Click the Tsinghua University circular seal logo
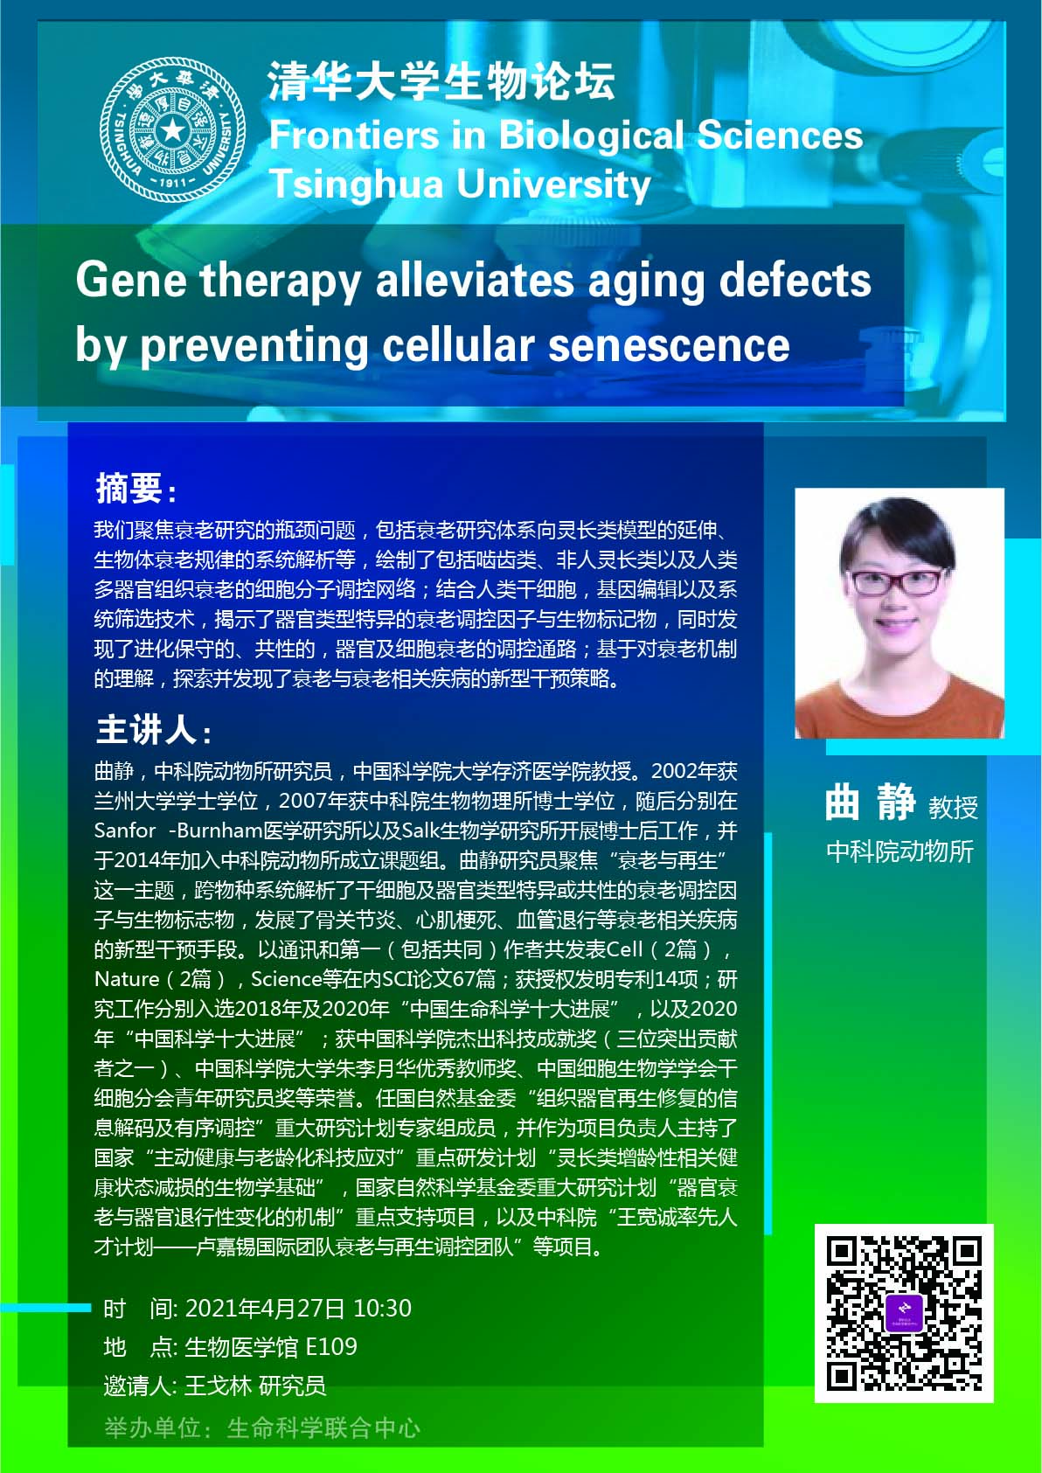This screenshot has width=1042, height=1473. tap(173, 129)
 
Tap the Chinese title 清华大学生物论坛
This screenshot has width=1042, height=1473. tap(441, 81)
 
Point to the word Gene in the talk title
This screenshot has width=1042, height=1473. tap(131, 280)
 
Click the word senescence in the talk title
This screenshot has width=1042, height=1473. tap(669, 345)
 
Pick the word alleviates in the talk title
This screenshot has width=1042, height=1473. tap(475, 280)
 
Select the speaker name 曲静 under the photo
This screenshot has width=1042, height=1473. tap(871, 803)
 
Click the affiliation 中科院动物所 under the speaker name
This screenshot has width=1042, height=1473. tap(900, 851)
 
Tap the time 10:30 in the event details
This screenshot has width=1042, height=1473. tap(382, 1307)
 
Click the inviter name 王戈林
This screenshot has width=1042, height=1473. tap(218, 1386)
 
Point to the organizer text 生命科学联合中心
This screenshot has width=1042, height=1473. tap(323, 1428)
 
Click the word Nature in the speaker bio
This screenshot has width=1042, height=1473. tap(127, 979)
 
